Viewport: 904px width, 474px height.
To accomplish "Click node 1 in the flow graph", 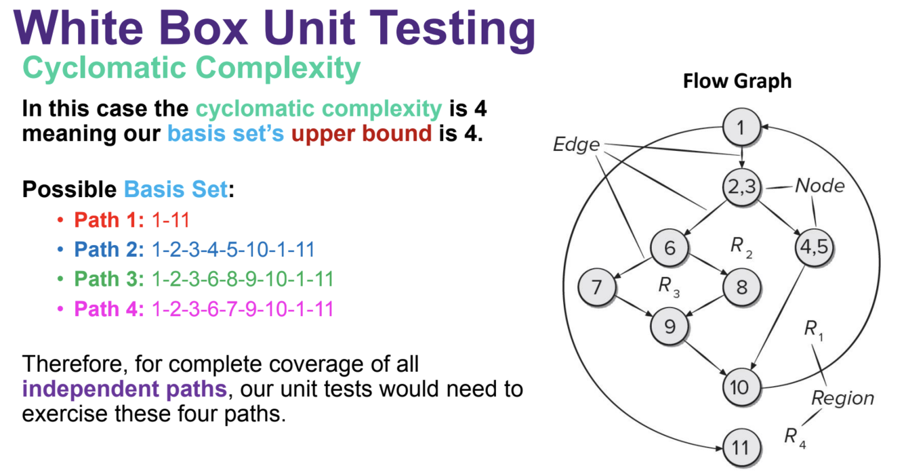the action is click(741, 127).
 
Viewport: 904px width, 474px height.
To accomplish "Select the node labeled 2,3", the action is click(741, 188).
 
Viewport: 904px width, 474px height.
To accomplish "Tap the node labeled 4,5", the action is click(813, 247).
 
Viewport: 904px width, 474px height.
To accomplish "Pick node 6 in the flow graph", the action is click(670, 247).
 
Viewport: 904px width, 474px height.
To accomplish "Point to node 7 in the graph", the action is click(596, 287).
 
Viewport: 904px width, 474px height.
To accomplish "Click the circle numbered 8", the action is click(741, 287).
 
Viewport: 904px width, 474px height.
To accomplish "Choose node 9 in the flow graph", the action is click(670, 326).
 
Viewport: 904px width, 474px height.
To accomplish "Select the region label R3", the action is click(669, 287).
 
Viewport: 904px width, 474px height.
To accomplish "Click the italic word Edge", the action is click(577, 144).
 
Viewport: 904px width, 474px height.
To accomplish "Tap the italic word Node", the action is click(819, 185).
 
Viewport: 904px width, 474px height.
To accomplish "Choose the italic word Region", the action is click(842, 397).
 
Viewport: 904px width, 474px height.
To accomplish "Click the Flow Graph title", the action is click(737, 81).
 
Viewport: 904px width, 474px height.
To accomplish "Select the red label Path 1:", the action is click(108, 220).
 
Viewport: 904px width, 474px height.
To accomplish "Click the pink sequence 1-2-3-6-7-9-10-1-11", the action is click(243, 309).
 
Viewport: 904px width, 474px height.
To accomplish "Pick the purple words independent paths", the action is click(124, 389).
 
